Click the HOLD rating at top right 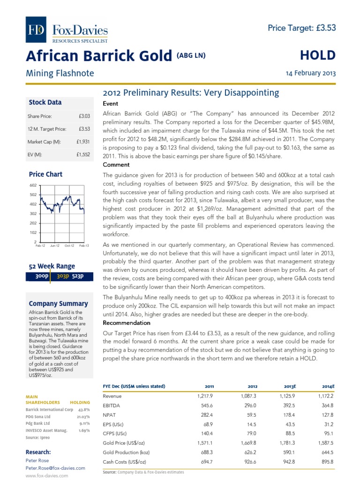318,55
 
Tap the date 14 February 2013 311,74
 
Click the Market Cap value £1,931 83,141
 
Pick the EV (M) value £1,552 83,154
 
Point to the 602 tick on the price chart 33,185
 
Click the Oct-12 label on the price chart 70,245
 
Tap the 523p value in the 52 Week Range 77,276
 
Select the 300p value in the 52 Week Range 42,276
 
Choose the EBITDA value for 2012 248,405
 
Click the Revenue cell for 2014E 325,396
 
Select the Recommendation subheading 126,323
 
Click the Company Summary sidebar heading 58,303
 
